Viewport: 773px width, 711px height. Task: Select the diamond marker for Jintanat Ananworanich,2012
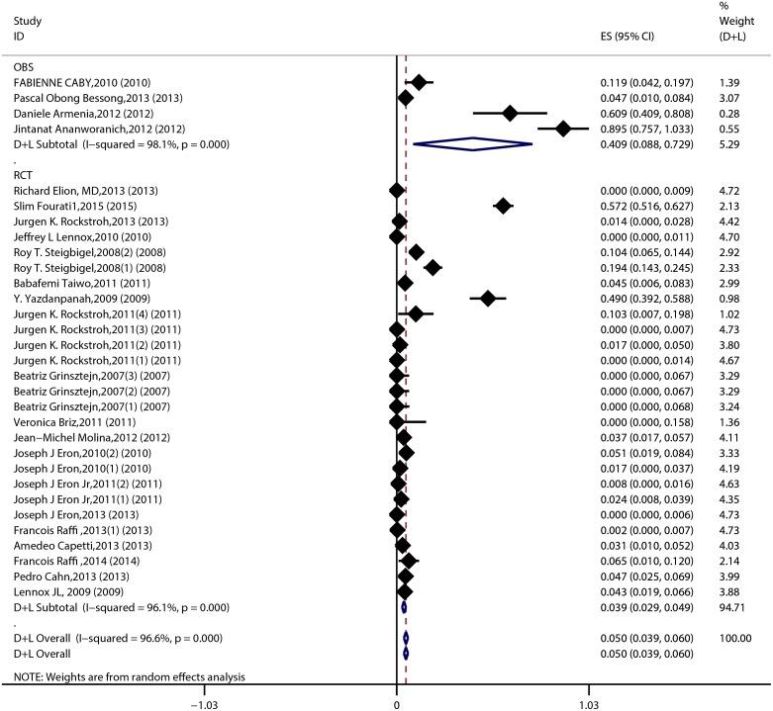[x=563, y=129]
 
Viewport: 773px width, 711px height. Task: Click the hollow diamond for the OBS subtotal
[x=472, y=144]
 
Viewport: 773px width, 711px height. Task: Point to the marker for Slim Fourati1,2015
[x=503, y=206]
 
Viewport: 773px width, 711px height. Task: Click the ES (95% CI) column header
[x=630, y=37]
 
